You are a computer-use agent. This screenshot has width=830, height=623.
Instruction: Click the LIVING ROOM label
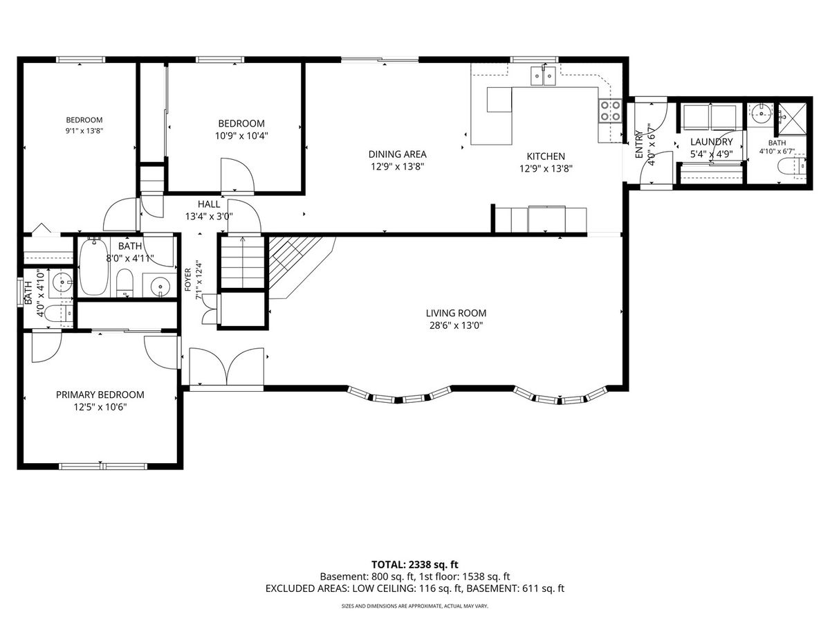456,313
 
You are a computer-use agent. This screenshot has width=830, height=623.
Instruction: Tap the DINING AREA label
398,154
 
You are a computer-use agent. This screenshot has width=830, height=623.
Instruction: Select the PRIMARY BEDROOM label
100,395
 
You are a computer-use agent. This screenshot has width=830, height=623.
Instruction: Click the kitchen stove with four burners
610,111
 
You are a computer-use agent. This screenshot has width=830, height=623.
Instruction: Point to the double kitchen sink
544,76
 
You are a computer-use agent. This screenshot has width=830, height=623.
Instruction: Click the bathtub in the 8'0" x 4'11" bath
94,267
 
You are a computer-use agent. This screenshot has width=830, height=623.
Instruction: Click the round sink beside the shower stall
759,113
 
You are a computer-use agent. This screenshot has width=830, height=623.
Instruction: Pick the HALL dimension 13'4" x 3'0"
209,217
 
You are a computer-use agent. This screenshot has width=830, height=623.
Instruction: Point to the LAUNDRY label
712,142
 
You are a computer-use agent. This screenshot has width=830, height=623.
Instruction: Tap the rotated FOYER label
187,280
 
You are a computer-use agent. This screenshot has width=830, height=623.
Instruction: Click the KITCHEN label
546,156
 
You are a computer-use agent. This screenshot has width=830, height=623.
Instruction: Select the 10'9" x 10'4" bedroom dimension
241,136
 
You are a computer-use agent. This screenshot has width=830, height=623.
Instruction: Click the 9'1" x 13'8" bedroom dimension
84,131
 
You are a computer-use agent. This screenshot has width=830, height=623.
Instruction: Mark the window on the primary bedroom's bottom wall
103,467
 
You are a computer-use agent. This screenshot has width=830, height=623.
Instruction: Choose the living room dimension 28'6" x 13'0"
456,325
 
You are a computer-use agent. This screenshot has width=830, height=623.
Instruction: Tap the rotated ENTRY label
639,144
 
